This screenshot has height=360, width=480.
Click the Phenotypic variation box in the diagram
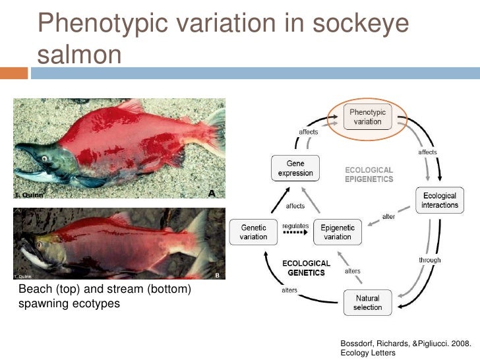click(369, 117)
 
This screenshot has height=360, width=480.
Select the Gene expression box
click(295, 167)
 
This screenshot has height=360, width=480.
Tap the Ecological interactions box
click(440, 200)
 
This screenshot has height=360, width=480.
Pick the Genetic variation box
click(253, 232)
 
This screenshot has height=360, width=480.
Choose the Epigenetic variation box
click(337, 232)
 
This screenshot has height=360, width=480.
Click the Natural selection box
click(367, 303)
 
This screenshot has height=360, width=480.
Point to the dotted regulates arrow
click(295, 233)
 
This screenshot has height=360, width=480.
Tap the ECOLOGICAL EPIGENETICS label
click(369, 174)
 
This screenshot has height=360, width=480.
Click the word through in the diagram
click(429, 260)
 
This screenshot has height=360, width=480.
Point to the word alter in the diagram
click(388, 217)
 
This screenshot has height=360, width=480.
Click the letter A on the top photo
click(212, 193)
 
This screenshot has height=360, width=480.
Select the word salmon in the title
click(80, 54)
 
